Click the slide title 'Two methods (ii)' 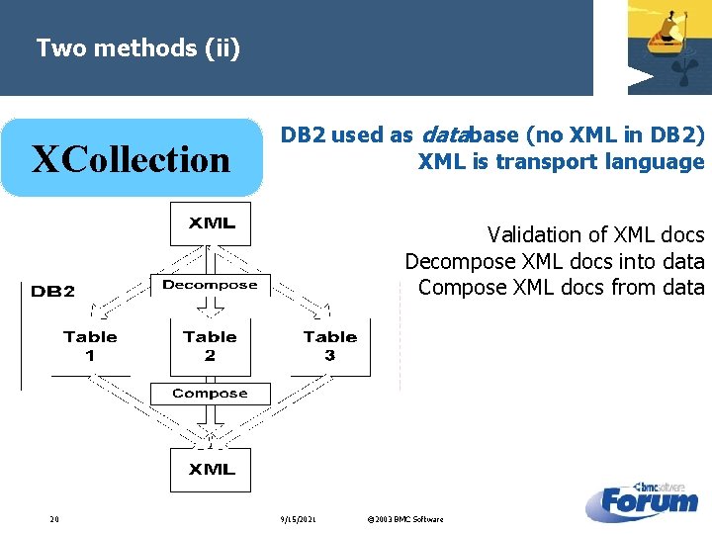pos(137,47)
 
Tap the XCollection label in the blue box pos(131,159)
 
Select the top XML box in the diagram pos(211,223)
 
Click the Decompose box pos(210,285)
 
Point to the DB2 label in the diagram pos(52,291)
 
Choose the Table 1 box pos(90,346)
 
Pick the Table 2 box pos(210,346)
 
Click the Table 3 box pos(330,346)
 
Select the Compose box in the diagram pos(210,394)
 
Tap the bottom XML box pos(211,469)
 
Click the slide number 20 pos(54,519)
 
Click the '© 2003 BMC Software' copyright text pos(404,519)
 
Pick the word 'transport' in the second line pos(550,162)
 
